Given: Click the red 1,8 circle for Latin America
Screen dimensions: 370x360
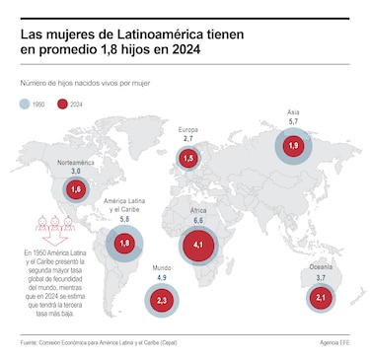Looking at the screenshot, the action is [x=124, y=244].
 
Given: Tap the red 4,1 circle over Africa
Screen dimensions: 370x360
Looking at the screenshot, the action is [x=198, y=245].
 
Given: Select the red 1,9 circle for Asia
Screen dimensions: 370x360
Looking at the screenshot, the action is [x=293, y=146].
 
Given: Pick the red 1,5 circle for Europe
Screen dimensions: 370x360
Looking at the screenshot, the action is [x=188, y=159].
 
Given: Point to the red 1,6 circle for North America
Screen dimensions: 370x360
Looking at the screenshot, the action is [x=76, y=189].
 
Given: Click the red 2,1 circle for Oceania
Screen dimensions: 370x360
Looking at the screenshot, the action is [x=321, y=298].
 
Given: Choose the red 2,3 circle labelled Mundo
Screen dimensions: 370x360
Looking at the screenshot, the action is [x=162, y=301].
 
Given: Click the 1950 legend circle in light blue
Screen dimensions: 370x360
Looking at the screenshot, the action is [x=25, y=105].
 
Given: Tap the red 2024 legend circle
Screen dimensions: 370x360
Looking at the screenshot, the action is [x=62, y=105].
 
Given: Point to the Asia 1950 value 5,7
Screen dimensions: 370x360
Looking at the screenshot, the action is [x=293, y=121].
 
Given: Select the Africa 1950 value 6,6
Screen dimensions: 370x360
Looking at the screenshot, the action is [x=198, y=221].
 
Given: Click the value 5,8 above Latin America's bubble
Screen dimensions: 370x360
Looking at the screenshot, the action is [x=124, y=219].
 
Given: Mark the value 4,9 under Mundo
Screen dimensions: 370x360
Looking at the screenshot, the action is [x=162, y=278].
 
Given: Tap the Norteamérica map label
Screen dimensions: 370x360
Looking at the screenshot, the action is [x=76, y=163].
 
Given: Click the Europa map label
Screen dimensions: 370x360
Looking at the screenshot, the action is [x=188, y=129].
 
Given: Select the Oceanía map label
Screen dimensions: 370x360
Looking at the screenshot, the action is [x=321, y=267].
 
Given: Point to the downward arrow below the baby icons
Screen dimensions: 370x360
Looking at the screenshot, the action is [x=55, y=238].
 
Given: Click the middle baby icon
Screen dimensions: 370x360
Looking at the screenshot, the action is [x=55, y=223].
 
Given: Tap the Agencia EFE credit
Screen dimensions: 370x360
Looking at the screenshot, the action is [x=334, y=343].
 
